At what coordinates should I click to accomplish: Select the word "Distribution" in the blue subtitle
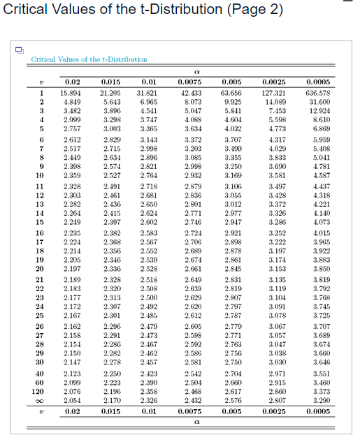pyautogui.click(x=126, y=60)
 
